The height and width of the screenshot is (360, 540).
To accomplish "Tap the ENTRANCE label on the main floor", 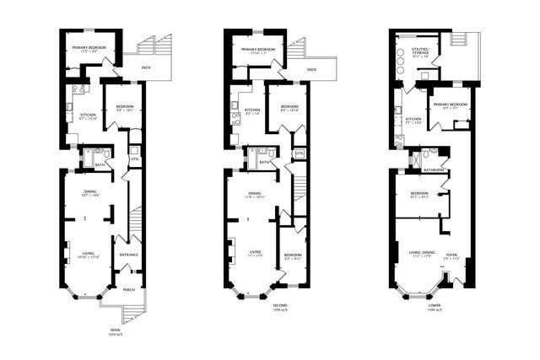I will [x=129, y=255].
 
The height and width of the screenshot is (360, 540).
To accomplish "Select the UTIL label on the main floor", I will [x=134, y=159].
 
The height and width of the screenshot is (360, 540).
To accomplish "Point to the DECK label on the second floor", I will [x=312, y=70].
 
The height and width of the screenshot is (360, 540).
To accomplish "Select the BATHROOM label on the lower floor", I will [x=434, y=169].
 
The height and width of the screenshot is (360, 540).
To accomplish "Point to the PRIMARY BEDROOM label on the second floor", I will [x=260, y=50].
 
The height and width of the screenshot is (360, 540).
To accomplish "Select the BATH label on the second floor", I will [x=263, y=162].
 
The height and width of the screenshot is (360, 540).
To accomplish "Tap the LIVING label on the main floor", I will [x=89, y=254].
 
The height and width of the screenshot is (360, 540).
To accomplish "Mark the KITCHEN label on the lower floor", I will [x=413, y=119].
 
